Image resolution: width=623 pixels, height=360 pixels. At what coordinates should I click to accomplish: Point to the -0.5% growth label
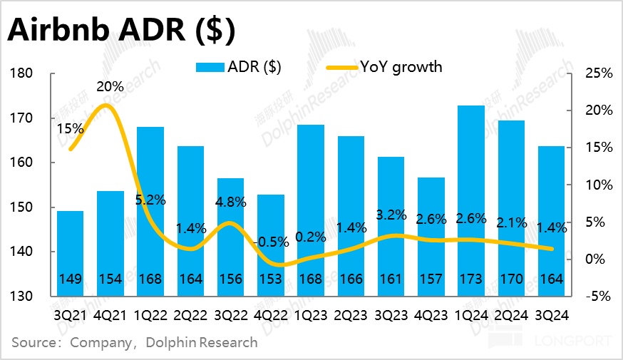coord(270,242)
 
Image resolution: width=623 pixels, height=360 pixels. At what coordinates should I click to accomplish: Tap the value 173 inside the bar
coord(470,279)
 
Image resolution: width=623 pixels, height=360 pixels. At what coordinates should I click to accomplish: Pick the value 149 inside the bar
coord(70,279)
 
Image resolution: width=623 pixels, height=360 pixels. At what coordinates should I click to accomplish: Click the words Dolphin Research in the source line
coord(202,342)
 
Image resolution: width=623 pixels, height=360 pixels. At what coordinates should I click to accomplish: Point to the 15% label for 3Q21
coord(71,130)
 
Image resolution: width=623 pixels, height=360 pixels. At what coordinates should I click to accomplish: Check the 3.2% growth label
coord(390,214)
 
